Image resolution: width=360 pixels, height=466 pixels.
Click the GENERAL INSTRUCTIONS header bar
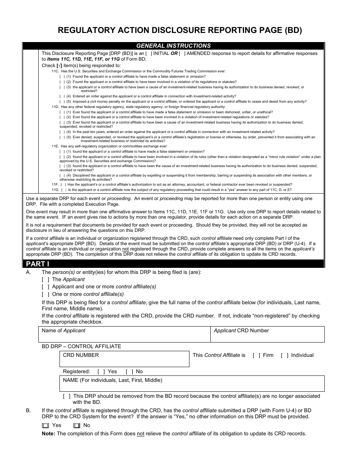point(173,46)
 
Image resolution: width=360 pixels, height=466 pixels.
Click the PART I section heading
point(38,264)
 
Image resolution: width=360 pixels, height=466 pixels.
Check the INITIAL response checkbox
point(149,53)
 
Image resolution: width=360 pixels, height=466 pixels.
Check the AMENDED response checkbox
point(182,53)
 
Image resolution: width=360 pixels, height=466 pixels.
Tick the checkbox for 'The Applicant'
point(45,280)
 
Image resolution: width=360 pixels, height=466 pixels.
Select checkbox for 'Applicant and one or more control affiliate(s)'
point(45,287)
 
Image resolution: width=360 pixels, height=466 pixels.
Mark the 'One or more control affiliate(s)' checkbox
point(45,294)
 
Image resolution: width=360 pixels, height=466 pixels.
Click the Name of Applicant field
point(124,335)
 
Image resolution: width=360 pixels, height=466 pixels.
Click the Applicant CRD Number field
point(267,335)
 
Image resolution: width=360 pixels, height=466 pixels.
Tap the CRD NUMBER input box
point(124,359)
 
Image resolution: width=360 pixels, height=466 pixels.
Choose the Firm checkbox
point(257,355)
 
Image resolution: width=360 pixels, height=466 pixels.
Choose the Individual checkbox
point(285,355)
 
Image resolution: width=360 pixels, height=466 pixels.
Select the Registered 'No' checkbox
point(130,372)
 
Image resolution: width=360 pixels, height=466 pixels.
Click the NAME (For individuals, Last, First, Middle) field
point(192,384)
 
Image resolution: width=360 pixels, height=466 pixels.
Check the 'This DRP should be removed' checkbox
point(67,396)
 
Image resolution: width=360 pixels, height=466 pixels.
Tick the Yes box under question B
point(45,426)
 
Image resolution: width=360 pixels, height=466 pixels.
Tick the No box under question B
point(77,426)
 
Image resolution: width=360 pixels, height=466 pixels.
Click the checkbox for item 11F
point(62,185)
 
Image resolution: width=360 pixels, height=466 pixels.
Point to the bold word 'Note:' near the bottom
point(49,434)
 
